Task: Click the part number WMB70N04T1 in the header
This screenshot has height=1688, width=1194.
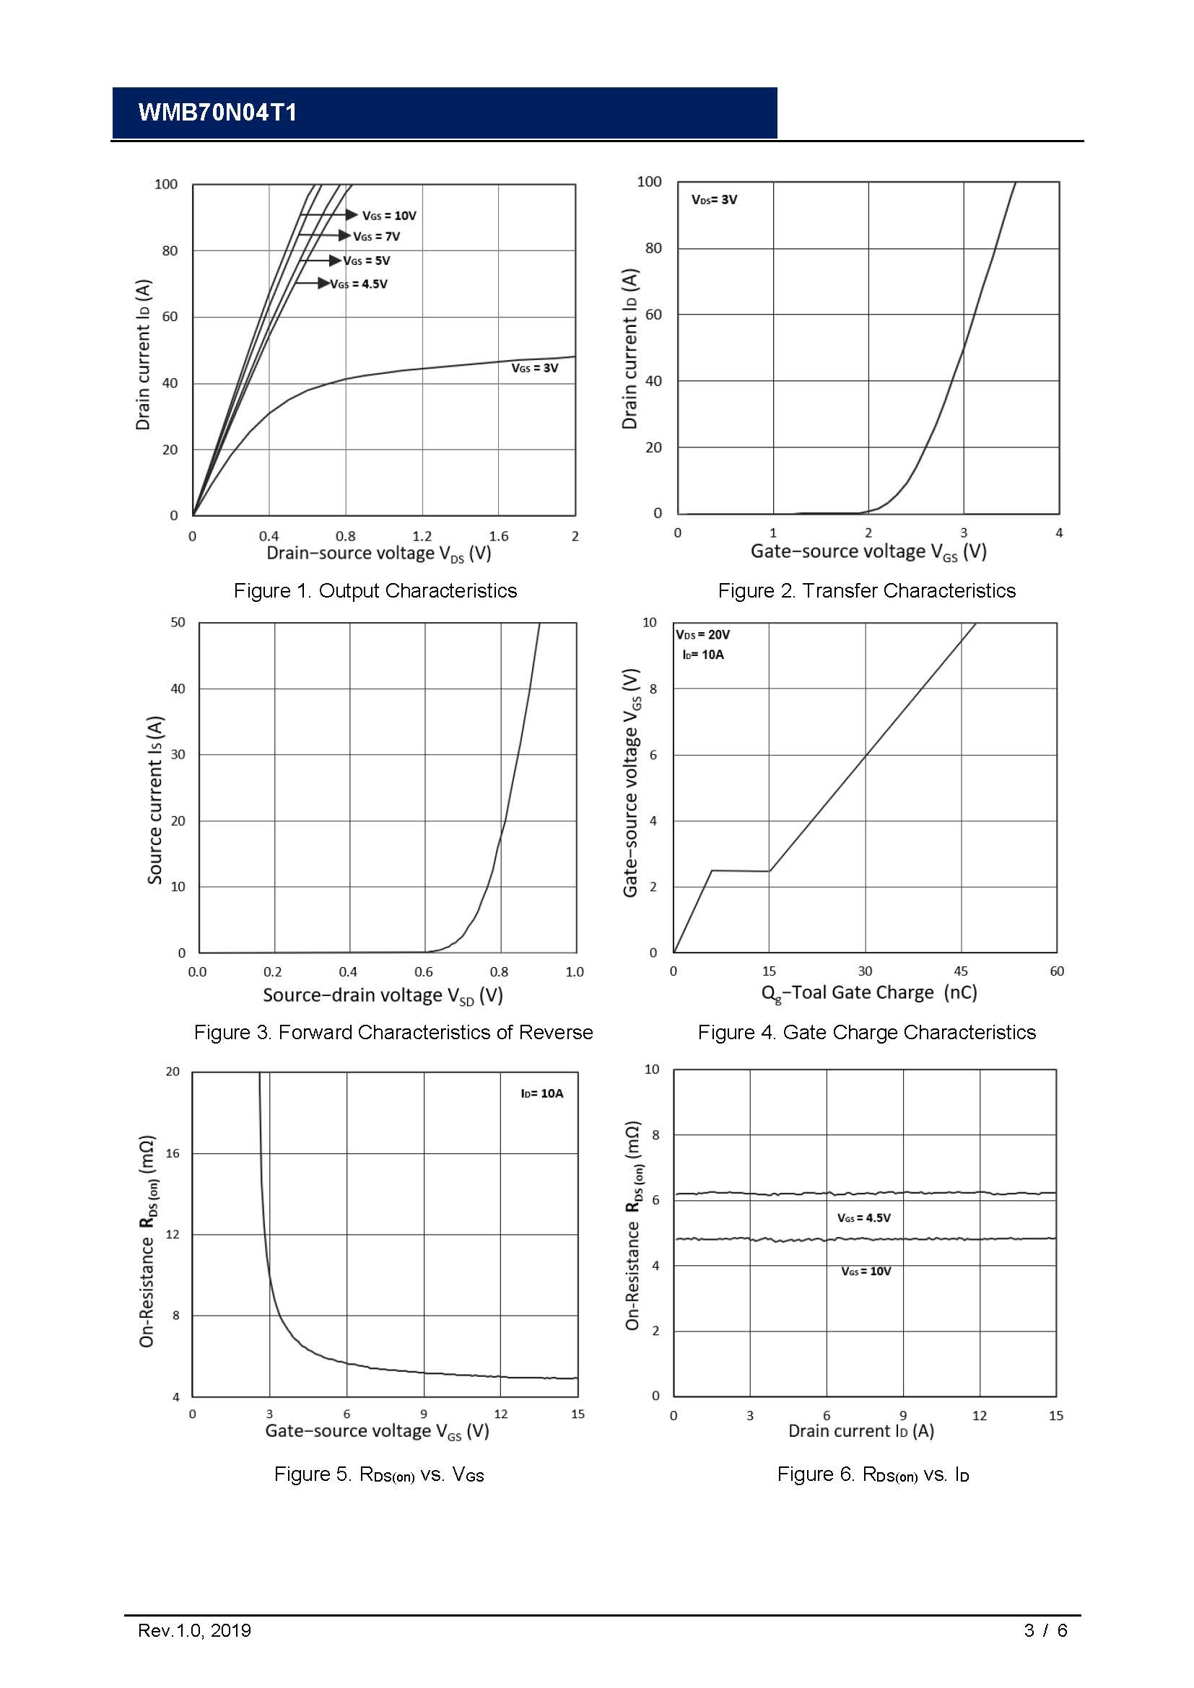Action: click(x=217, y=113)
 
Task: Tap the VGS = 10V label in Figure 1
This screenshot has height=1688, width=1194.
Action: click(x=389, y=215)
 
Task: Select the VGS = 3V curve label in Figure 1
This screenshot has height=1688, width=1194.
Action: click(x=534, y=367)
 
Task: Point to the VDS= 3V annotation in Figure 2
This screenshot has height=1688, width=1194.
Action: click(x=714, y=200)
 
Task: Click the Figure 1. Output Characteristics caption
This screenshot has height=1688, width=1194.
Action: click(x=375, y=590)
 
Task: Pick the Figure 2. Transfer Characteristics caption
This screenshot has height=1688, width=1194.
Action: click(x=866, y=590)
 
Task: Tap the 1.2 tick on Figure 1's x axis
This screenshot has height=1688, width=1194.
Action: click(x=422, y=536)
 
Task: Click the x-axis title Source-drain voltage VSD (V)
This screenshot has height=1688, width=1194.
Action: click(x=383, y=995)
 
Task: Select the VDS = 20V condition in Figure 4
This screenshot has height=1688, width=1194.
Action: click(x=703, y=634)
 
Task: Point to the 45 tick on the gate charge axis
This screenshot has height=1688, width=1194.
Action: click(x=961, y=971)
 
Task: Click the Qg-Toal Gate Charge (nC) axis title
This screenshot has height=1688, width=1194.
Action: click(x=869, y=993)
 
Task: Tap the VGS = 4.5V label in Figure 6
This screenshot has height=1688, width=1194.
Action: click(x=864, y=1217)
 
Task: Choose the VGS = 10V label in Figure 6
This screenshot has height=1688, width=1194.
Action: click(x=866, y=1271)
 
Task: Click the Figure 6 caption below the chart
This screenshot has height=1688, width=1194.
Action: click(x=873, y=1474)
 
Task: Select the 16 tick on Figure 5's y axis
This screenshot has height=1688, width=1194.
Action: click(x=173, y=1153)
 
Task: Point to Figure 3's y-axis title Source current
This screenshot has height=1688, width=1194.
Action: click(x=155, y=799)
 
